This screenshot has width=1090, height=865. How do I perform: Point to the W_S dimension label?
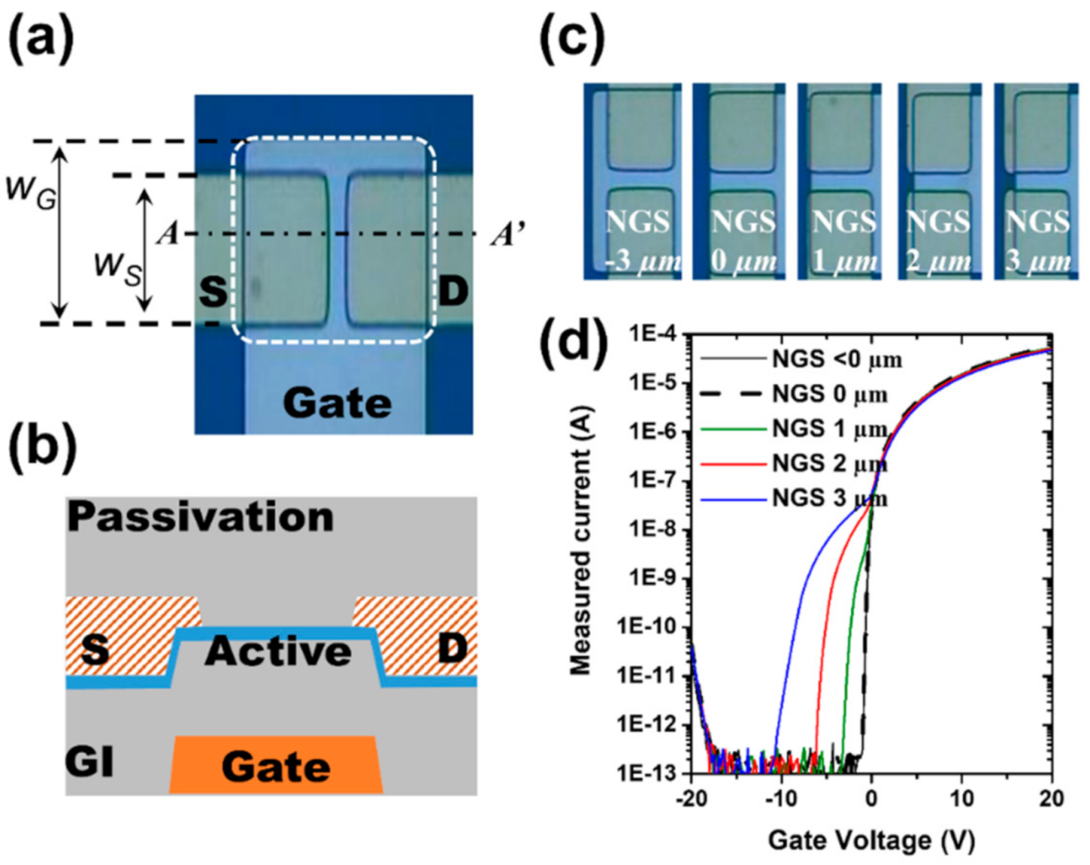(117, 269)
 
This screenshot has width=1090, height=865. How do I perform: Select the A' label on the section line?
(507, 234)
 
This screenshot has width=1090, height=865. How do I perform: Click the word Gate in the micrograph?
(337, 402)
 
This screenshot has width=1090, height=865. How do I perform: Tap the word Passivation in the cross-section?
(200, 517)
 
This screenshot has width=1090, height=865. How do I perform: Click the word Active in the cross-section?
(278, 651)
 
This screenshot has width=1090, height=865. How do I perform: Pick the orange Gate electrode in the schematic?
(276, 765)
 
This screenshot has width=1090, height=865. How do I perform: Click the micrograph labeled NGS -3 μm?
(633, 181)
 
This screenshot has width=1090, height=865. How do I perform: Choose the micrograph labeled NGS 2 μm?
(940, 181)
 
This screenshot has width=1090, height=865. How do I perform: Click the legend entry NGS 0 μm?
(829, 394)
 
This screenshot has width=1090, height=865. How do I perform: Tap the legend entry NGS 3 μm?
(829, 498)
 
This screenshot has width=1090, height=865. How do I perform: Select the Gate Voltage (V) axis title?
(871, 839)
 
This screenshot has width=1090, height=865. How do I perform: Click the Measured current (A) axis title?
(581, 540)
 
